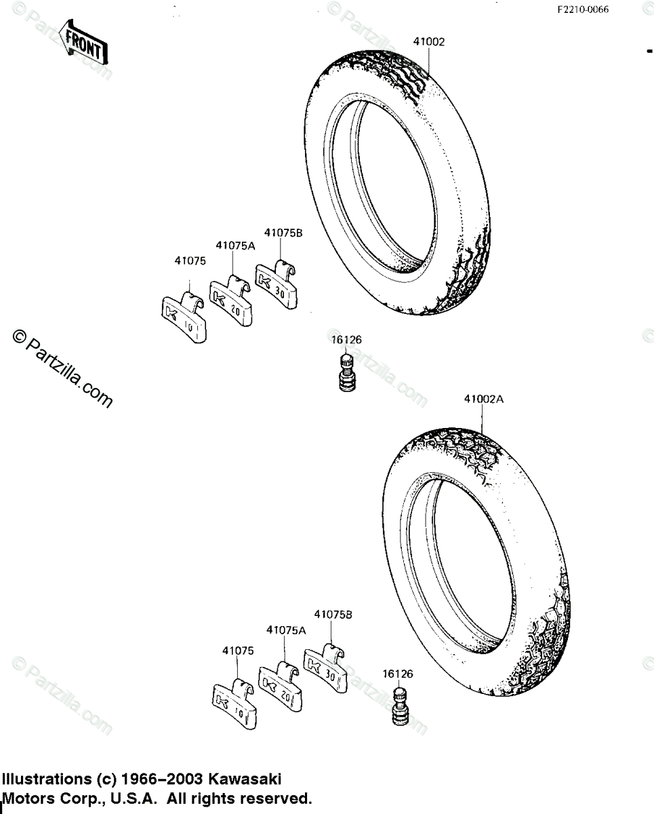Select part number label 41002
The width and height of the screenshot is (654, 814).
428,41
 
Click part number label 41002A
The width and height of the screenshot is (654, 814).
483,400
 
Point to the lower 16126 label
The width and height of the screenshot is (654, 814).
397,674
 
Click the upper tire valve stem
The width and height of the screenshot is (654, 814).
346,372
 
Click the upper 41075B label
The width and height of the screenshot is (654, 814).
283,233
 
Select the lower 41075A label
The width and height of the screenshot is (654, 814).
286,630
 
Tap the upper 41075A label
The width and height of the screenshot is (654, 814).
235,246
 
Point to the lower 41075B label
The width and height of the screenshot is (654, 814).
332,615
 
